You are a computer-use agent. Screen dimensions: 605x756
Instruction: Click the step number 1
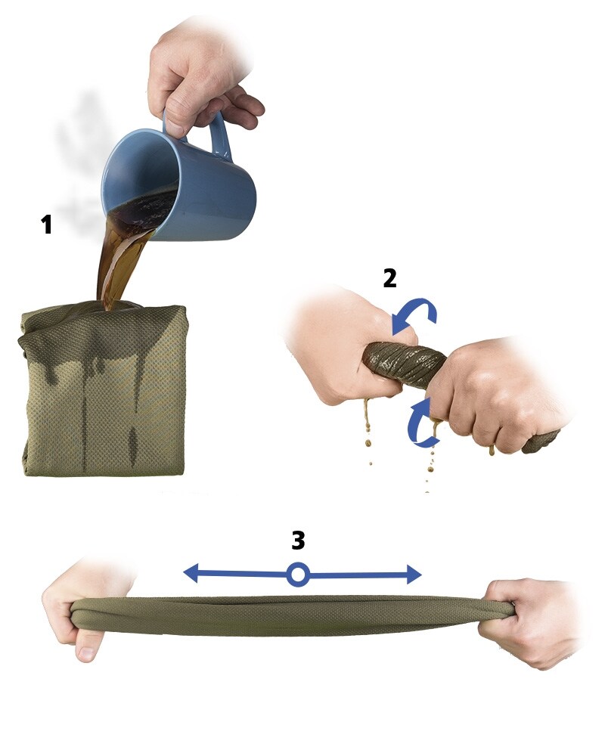[x=46, y=225]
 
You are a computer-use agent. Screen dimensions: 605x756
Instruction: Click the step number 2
[x=389, y=278]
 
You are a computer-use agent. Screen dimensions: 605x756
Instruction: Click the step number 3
[x=298, y=541]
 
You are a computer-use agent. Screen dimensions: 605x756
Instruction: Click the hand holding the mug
[x=203, y=77]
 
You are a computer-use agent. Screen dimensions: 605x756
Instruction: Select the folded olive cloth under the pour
[x=104, y=388]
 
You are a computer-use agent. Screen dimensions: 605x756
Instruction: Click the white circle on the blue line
[x=298, y=575]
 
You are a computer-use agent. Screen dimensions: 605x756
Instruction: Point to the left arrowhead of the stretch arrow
[x=191, y=573]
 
